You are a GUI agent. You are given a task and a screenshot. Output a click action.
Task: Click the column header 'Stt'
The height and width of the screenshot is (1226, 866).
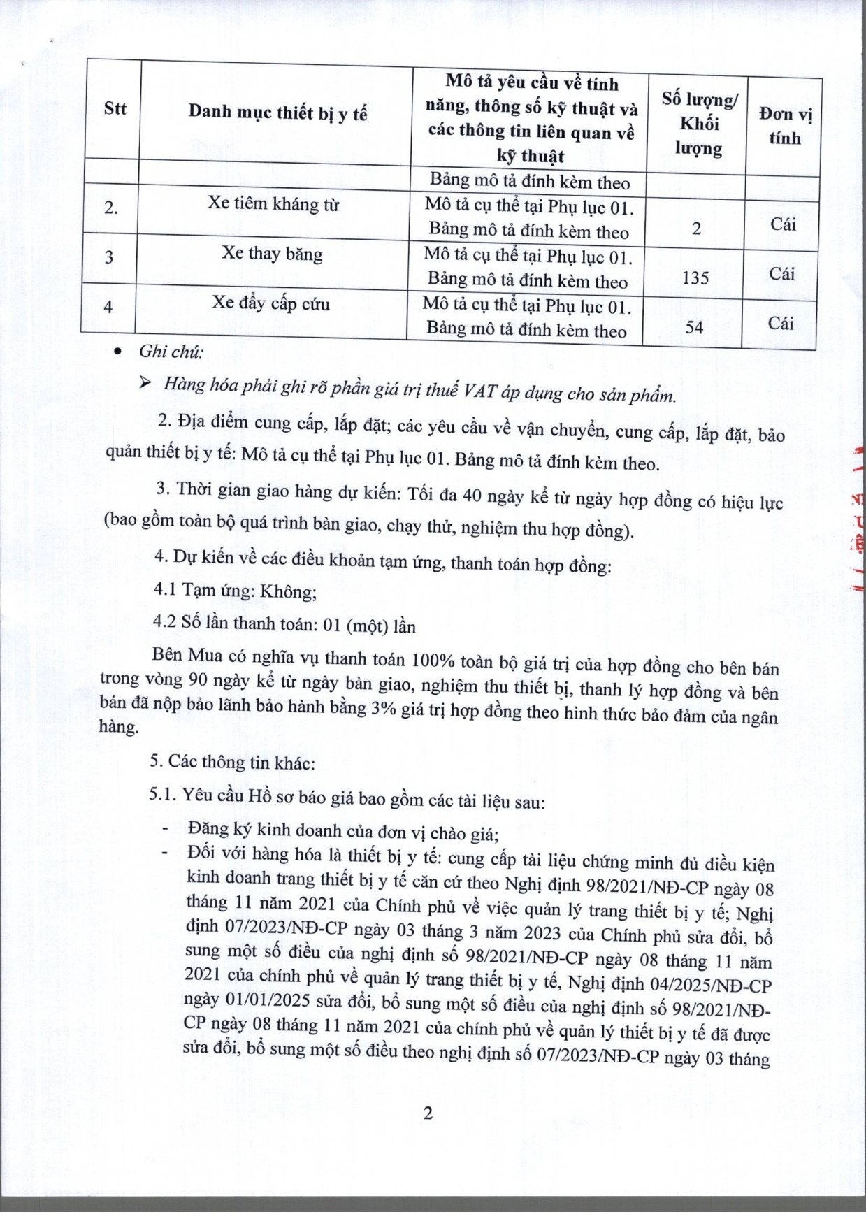[115, 108]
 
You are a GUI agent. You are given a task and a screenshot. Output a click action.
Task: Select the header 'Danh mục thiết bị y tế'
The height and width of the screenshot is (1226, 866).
[277, 113]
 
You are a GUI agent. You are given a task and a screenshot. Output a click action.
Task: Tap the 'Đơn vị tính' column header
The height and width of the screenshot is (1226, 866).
[785, 126]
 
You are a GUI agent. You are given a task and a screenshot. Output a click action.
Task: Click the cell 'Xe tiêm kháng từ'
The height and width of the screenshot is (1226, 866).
[273, 204]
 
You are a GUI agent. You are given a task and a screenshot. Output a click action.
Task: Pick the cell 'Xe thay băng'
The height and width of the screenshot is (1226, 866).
[272, 253]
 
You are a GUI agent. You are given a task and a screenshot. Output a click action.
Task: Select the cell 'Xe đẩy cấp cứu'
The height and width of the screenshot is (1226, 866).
[270, 303]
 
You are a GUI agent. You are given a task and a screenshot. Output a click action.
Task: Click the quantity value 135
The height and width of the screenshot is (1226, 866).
[695, 277]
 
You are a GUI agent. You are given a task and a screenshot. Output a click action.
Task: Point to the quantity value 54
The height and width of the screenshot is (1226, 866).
[694, 326]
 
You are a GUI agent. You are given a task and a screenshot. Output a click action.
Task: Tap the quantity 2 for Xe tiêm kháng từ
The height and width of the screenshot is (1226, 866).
[696, 228]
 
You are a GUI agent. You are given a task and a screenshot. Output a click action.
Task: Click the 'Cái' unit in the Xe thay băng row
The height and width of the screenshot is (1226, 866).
[782, 273]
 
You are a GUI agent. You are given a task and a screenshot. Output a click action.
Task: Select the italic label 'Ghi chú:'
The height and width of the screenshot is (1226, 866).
[171, 352]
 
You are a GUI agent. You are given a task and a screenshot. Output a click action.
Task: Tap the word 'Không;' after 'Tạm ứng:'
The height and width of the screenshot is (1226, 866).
[288, 591]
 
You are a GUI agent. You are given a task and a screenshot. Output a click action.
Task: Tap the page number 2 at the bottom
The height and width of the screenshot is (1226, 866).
[428, 1113]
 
